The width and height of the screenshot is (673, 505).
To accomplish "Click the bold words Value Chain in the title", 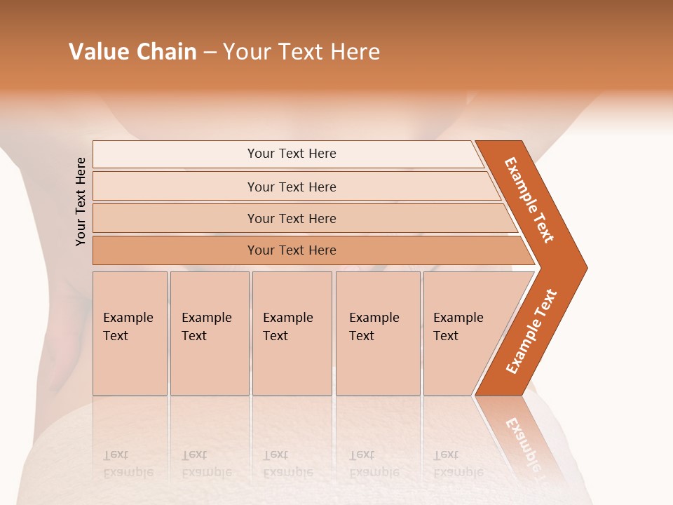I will (132, 52).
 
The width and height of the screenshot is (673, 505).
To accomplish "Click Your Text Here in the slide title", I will (301, 52).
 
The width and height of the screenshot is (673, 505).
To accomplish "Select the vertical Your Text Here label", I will (81, 201).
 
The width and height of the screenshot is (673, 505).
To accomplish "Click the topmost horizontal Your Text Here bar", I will (291, 154).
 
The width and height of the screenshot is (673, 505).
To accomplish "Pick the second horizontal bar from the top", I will (291, 187).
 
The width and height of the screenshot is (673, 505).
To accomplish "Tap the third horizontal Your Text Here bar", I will (291, 218).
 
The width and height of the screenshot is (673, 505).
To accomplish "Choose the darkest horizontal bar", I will (291, 250).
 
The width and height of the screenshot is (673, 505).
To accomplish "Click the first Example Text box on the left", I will (130, 332).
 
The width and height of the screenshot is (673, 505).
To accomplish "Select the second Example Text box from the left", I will (209, 332).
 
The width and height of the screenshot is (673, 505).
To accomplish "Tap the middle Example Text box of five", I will (291, 332).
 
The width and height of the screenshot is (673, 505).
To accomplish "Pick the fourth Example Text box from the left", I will (377, 332).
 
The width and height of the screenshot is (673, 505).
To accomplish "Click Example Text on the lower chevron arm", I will (531, 331).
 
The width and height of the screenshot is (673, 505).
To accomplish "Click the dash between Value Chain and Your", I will (210, 53).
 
